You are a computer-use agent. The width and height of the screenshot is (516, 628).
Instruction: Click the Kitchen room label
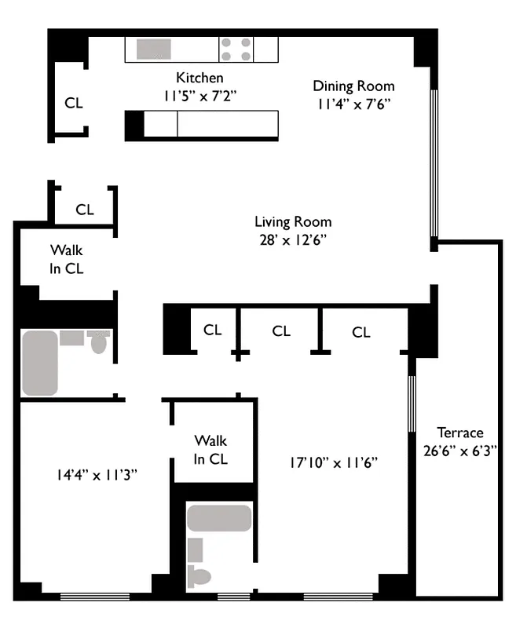coord(199,78)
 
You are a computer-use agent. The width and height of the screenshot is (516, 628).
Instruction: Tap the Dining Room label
coord(353,86)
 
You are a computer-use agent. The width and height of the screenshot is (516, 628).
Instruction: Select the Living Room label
coord(293,222)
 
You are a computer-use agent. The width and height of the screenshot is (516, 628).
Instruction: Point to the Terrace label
coord(460,433)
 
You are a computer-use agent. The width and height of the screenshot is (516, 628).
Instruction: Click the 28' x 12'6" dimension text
coord(293,239)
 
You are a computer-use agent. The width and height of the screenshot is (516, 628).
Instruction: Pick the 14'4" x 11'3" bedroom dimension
coord(97,474)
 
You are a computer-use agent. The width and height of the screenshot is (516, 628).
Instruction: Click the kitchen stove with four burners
coord(236,49)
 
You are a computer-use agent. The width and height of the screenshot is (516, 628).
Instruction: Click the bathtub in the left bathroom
coord(40,362)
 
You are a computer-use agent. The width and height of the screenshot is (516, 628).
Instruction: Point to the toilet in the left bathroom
coord(98,342)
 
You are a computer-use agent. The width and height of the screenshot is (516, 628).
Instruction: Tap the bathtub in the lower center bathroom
coord(219,518)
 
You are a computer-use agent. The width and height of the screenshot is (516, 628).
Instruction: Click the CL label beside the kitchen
coord(74,103)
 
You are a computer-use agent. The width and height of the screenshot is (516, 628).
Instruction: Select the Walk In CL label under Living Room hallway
coord(67,259)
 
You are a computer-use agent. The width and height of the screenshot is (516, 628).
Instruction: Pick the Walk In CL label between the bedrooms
coord(211,450)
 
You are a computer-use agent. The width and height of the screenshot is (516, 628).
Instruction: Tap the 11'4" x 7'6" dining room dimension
coord(353,103)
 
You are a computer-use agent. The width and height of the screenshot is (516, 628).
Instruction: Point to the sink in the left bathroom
coord(71,338)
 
